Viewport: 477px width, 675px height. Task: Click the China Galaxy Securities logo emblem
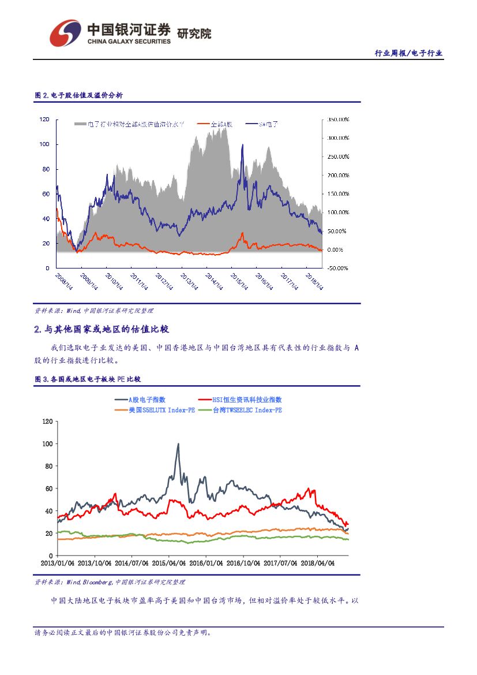(65, 33)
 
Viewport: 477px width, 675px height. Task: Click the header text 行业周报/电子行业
(408, 53)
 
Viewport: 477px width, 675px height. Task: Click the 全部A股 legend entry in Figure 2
(215, 124)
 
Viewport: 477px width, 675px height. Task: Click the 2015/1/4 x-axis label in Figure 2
(240, 282)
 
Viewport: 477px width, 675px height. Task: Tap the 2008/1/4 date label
(64, 282)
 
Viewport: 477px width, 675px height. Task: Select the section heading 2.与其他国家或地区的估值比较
(102, 330)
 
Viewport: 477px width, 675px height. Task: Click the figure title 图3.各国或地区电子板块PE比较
(88, 379)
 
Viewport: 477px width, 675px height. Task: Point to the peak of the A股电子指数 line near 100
(178, 444)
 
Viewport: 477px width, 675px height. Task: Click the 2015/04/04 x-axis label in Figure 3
(170, 563)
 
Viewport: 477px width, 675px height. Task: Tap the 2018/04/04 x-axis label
(318, 563)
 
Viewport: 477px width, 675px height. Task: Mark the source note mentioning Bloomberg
(110, 582)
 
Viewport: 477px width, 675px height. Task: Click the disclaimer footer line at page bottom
(123, 633)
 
